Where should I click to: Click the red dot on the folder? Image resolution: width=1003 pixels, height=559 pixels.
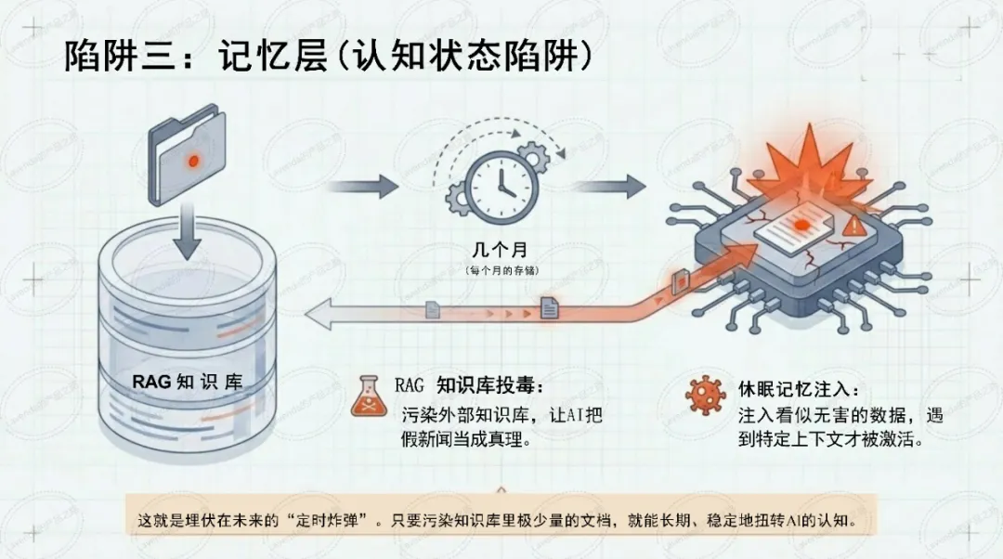point(193,161)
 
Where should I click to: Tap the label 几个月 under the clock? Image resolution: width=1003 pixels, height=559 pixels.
point(501,249)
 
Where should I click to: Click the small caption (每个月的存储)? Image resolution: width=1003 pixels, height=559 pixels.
point(501,270)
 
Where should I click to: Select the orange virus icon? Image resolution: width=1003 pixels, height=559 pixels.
point(706,396)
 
